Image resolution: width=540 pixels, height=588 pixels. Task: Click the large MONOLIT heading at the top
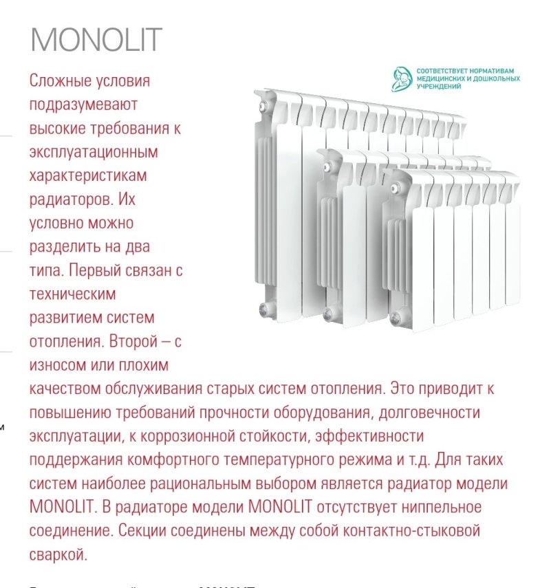[x=96, y=40]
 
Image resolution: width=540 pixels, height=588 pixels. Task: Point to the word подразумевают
[x=85, y=105]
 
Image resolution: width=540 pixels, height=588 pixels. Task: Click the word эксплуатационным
[x=94, y=152]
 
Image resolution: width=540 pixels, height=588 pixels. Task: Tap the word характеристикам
[x=89, y=176]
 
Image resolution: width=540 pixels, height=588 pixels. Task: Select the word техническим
[x=73, y=294]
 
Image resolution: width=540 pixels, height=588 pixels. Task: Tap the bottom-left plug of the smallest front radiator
[x=395, y=318]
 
